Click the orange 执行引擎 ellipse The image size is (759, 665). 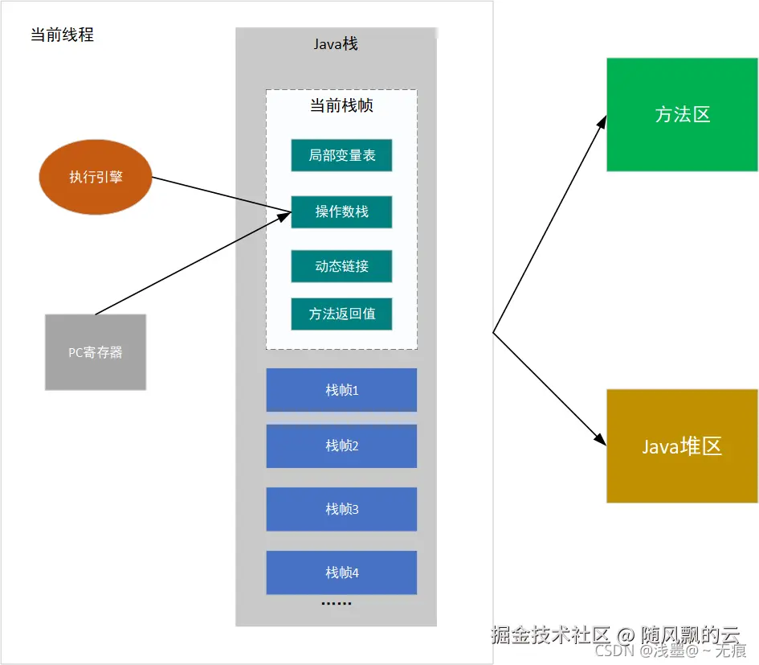tap(96, 177)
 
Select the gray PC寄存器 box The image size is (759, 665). tap(96, 352)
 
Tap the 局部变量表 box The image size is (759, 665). tap(341, 155)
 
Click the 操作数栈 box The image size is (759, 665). tap(341, 211)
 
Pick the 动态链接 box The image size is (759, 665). tap(341, 266)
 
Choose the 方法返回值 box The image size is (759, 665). tap(341, 314)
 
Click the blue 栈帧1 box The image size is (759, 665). tap(341, 390)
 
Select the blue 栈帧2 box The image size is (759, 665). tap(341, 445)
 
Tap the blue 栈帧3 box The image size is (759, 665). tap(341, 509)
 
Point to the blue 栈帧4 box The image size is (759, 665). tap(341, 572)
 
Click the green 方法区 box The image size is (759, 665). tap(682, 114)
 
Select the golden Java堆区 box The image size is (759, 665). tap(682, 446)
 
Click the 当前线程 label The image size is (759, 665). tap(62, 35)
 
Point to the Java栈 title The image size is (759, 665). tap(336, 43)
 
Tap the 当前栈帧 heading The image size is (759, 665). tap(341, 105)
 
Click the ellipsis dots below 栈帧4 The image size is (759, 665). tap(336, 603)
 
